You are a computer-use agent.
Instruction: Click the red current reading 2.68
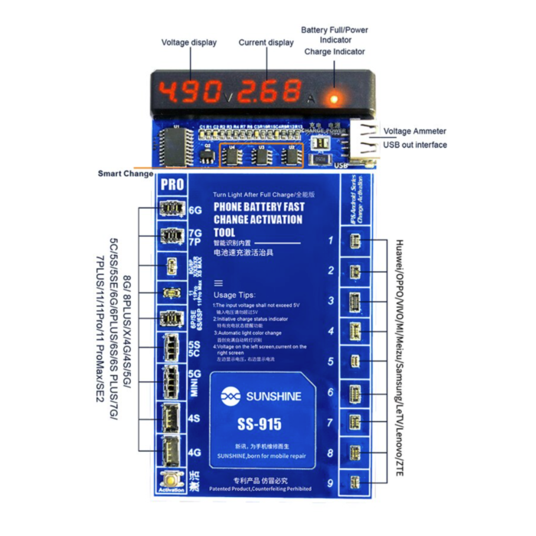(x=268, y=91)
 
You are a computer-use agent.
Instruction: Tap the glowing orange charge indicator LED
(x=333, y=98)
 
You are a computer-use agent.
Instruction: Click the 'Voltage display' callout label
(x=189, y=43)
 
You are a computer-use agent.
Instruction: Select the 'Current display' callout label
(x=266, y=43)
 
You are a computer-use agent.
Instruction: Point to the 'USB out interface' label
(x=415, y=145)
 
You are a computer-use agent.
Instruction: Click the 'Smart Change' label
(x=126, y=174)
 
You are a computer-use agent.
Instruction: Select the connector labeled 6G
(x=168, y=208)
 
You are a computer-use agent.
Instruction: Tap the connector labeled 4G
(x=168, y=453)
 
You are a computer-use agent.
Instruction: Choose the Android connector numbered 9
(x=354, y=482)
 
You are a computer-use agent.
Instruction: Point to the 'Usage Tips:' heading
(x=237, y=294)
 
